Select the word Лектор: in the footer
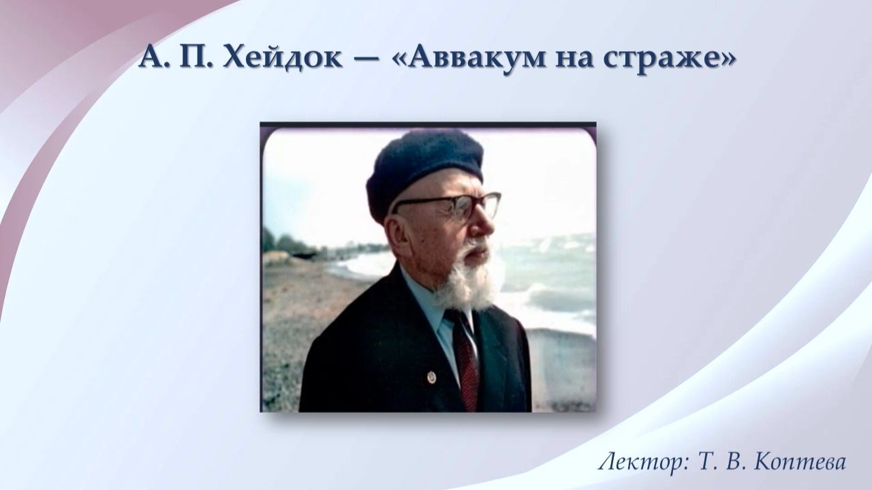pos(643,463)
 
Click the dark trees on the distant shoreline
pos(286,243)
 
